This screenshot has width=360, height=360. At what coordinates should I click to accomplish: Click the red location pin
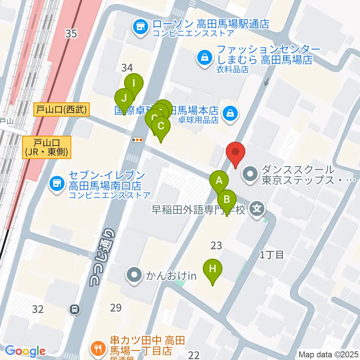coord(235,153)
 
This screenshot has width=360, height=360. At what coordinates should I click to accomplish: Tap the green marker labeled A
coord(220,181)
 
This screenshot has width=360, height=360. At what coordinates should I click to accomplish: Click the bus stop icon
coord(75,309)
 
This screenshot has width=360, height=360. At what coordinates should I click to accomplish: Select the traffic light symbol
coord(137,140)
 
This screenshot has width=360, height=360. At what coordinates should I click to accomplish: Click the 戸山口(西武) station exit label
coord(62,109)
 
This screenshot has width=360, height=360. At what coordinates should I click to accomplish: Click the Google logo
coord(25,351)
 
